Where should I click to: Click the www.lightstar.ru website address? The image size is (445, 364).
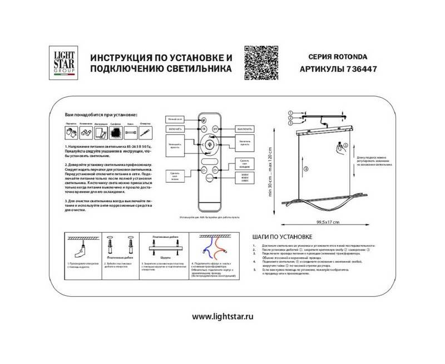tap(222, 316)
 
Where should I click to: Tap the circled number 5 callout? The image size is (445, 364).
tap(344, 144)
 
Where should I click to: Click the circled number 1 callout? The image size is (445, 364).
tap(290, 113)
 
